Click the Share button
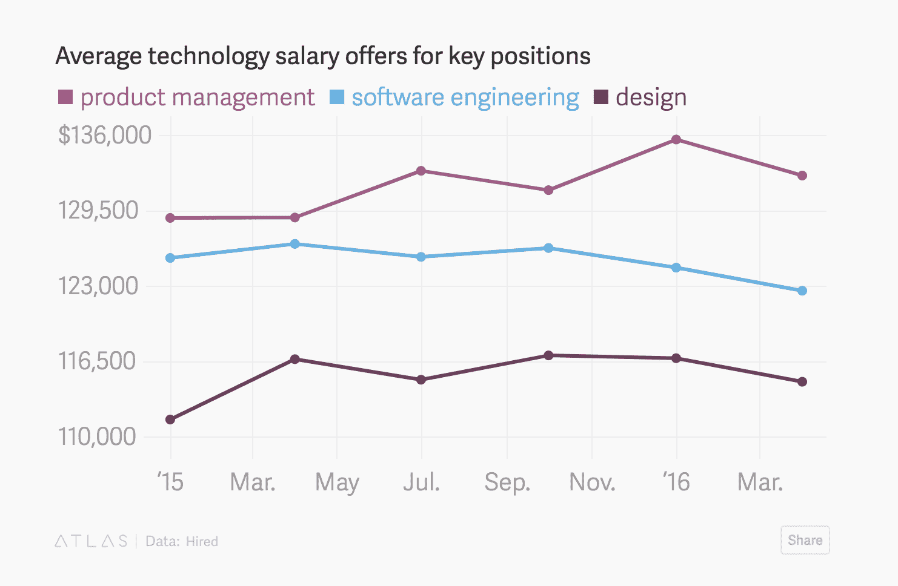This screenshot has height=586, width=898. click(x=805, y=540)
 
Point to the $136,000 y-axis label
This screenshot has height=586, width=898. click(x=105, y=135)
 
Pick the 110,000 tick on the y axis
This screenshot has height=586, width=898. click(x=97, y=436)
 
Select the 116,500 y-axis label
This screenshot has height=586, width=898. click(x=97, y=361)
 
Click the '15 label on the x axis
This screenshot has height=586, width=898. click(x=170, y=482)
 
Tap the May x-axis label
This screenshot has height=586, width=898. click(x=337, y=482)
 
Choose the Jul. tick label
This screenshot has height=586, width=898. click(x=422, y=482)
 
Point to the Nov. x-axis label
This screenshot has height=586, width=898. click(x=592, y=482)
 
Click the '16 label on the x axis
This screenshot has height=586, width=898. click(x=676, y=482)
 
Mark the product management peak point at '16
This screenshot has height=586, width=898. click(x=676, y=140)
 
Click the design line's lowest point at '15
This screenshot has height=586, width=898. click(x=170, y=420)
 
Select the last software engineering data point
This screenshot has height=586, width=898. click(x=802, y=291)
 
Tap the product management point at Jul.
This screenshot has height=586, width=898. click(x=421, y=171)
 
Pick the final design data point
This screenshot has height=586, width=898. click(x=802, y=382)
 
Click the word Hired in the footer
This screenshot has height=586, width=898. click(x=202, y=542)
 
